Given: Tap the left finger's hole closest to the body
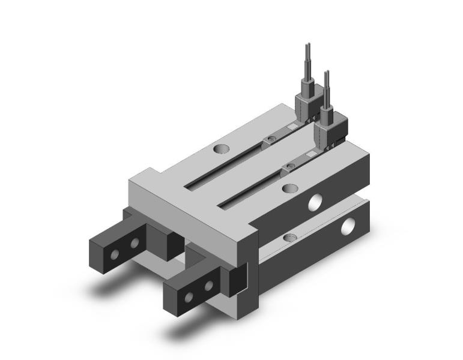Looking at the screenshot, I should click(135, 242).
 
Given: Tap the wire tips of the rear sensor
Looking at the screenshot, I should click(308, 50).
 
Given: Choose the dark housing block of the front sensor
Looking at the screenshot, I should click(327, 127).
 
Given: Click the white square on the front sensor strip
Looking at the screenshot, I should click(312, 154).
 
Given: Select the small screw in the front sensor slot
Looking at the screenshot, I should click(291, 166).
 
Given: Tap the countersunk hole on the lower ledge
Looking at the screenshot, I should click(291, 238).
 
